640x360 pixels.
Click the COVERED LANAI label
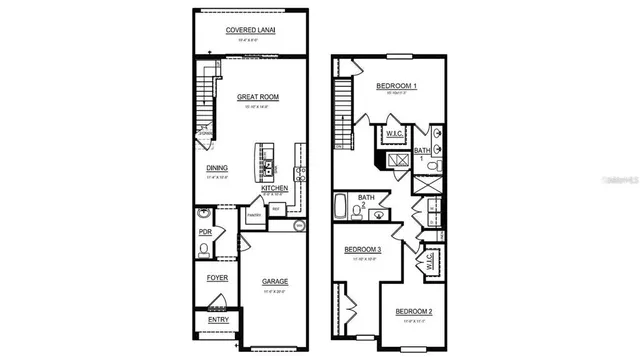click(x=250, y=31)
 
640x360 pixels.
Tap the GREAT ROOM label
click(x=257, y=97)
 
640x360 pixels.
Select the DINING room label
click(x=217, y=168)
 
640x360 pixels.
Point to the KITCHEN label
click(x=275, y=187)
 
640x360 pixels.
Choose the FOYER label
click(x=217, y=277)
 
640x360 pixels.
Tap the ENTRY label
click(x=217, y=320)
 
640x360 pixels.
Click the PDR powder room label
click(x=205, y=232)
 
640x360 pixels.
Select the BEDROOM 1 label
click(x=396, y=87)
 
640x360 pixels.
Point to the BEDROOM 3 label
click(x=363, y=249)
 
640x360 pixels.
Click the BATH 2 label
click(x=366, y=201)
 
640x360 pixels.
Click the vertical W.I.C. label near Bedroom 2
click(x=429, y=260)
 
